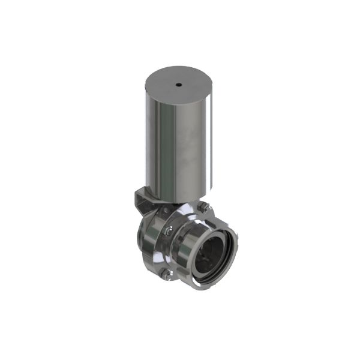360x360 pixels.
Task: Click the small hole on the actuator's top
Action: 179,85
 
